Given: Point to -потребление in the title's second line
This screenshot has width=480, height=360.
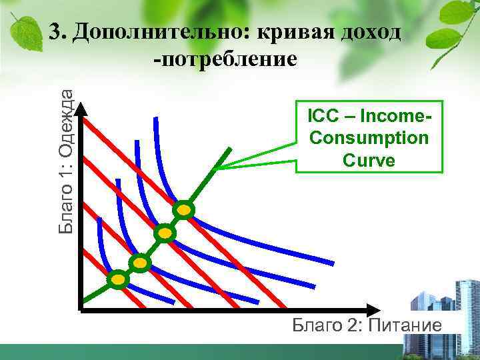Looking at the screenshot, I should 224,61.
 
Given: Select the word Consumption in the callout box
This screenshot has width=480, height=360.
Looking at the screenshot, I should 369,138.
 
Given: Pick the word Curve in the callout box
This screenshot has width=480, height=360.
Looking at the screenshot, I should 369,160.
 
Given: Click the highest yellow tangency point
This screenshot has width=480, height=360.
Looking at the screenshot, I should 184,211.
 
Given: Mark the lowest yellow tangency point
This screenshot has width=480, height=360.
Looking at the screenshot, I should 118,279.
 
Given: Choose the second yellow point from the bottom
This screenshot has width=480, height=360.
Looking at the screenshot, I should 140,263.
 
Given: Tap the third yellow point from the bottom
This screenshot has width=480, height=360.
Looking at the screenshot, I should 164,233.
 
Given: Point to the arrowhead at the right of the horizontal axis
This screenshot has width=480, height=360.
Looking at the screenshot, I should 373,310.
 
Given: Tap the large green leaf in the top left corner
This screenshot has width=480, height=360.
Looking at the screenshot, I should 24,30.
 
